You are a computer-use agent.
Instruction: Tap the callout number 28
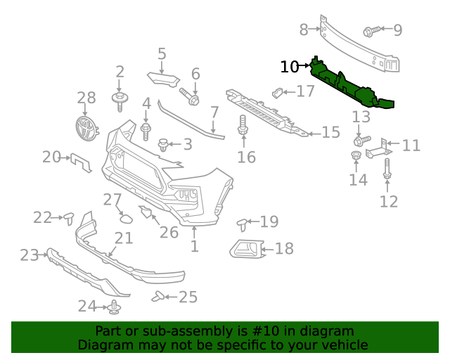86,98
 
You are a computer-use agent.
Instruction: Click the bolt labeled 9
372,30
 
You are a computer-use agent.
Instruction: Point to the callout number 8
304,30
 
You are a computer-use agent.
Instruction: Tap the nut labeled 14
356,155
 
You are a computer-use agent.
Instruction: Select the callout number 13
361,117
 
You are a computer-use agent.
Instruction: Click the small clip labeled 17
278,92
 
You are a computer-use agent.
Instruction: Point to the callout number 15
330,132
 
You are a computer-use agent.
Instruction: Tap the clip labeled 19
243,224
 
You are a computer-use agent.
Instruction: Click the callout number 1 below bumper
194,246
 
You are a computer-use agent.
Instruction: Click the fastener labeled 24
115,307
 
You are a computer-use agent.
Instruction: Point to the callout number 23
29,255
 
